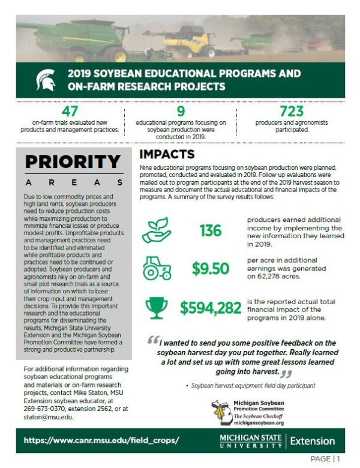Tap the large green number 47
pos(70,112)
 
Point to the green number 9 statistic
pos(181,112)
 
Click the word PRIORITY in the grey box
pos(73,162)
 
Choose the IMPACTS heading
pos(167,155)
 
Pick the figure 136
pos(211,230)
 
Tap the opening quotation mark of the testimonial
pos(154,340)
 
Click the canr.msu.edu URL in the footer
pos(101,440)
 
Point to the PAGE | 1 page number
pos(326,459)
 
